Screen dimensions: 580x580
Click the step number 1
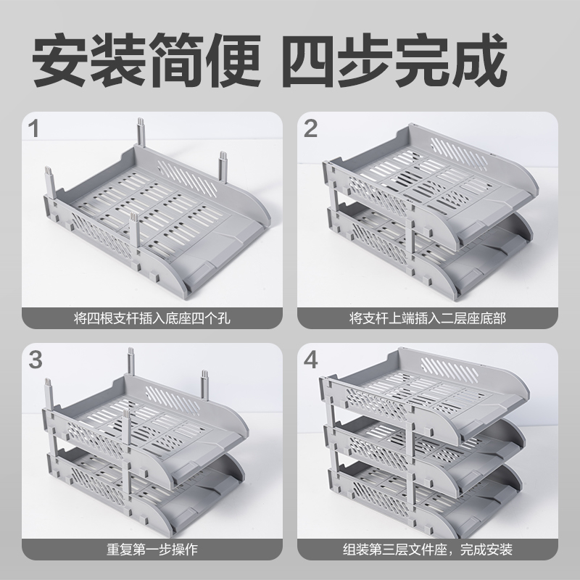(x=33, y=129)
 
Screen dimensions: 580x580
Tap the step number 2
(x=310, y=129)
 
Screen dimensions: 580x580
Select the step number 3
(x=36, y=360)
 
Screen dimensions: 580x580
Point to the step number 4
(x=311, y=360)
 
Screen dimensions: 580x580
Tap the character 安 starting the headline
(x=60, y=59)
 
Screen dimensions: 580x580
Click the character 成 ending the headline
(x=478, y=59)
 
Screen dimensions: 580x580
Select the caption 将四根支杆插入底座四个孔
(x=152, y=318)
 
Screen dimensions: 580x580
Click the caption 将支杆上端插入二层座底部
(x=428, y=318)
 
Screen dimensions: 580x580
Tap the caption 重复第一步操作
(x=152, y=550)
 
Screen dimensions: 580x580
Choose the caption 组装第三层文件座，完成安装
(x=428, y=550)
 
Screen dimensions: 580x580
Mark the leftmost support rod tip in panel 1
(x=49, y=170)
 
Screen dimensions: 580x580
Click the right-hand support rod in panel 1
(x=223, y=167)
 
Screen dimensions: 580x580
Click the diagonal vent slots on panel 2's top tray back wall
(x=459, y=153)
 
